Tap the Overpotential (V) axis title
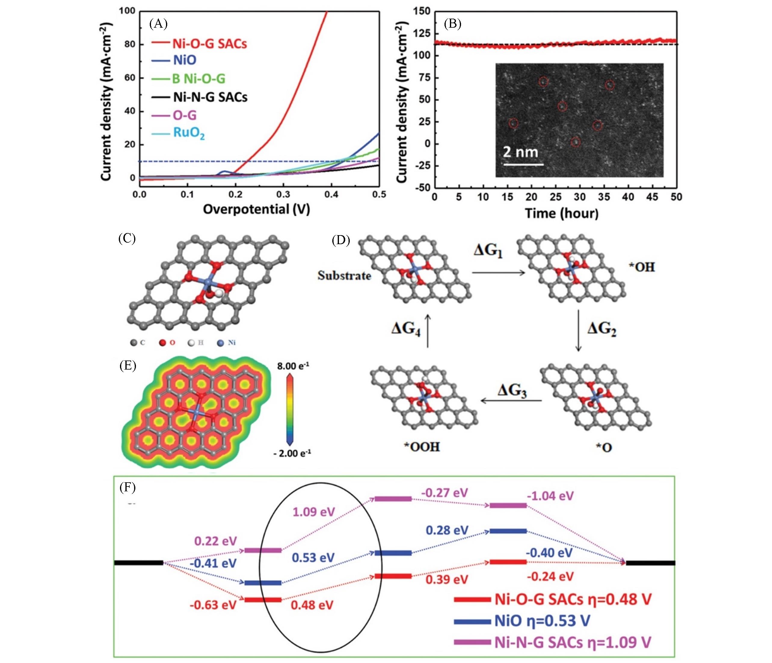pos(256,209)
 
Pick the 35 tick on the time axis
pos(604,197)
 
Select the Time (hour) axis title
pos(561,213)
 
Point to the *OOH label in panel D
pos(422,447)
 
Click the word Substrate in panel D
pos(344,276)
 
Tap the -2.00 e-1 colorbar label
pos(292,453)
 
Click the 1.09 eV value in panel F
pos(314,512)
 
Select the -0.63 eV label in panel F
pos(213,605)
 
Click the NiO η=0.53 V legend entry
pos(542,621)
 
